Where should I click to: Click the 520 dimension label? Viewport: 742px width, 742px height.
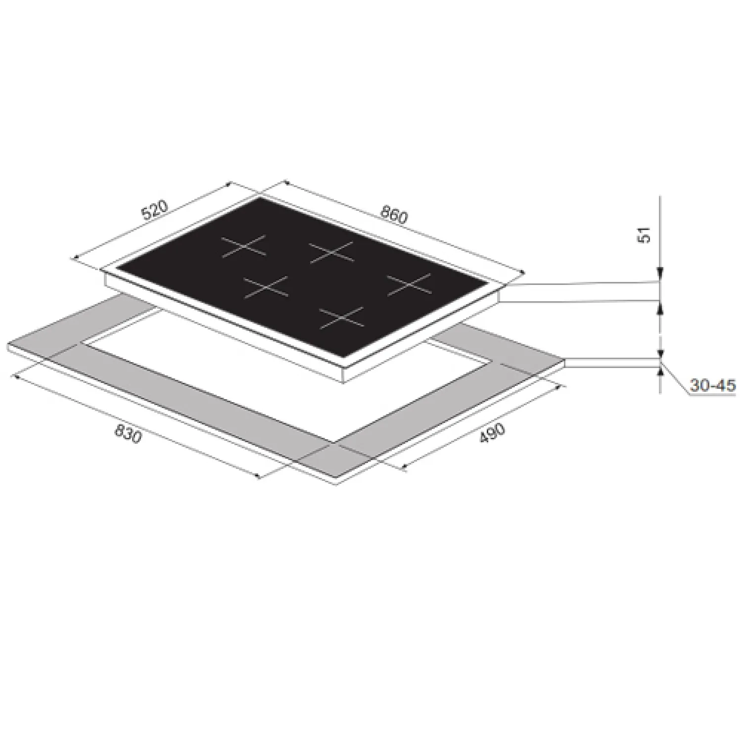(155, 210)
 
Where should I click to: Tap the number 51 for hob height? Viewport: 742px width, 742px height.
(645, 235)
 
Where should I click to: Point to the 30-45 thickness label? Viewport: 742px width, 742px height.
(713, 385)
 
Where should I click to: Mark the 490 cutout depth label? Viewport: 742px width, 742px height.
(493, 435)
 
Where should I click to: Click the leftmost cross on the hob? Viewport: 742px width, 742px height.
(243, 246)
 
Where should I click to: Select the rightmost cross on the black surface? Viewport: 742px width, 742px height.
(409, 285)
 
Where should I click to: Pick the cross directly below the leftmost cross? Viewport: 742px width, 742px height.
(266, 287)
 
